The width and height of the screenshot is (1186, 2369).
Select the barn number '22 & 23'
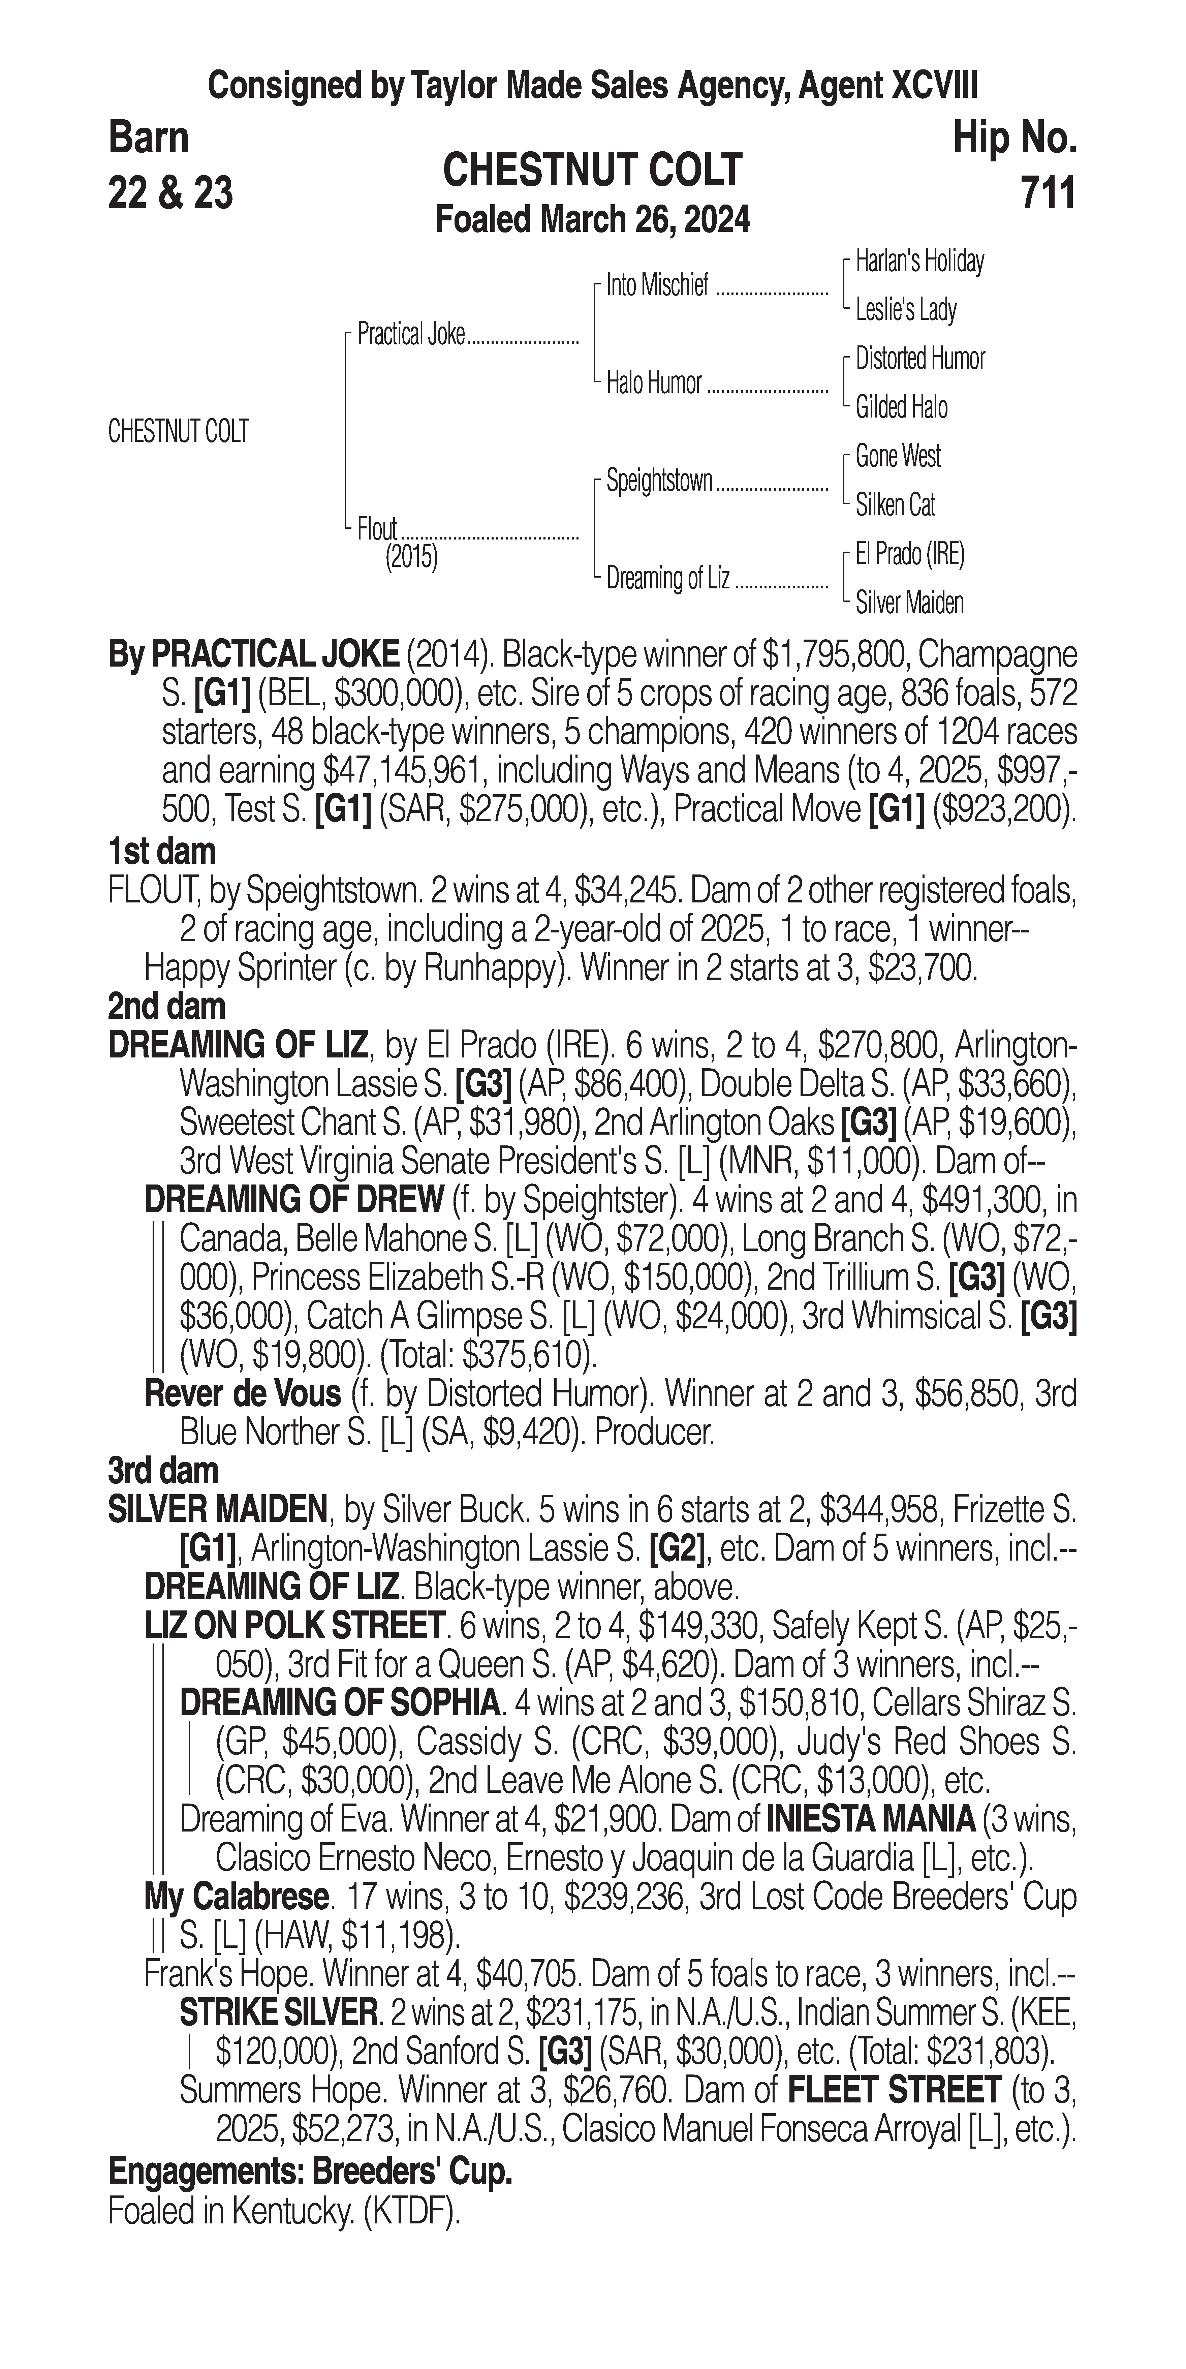pos(170,194)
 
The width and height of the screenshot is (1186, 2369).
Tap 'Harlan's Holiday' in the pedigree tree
pos(919,261)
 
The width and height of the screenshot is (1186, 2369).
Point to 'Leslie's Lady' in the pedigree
pos(906,310)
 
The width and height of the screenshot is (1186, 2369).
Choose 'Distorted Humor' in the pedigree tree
pos(919,359)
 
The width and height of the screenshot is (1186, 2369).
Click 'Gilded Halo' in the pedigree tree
pos(901,407)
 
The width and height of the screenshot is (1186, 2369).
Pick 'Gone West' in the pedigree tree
pos(897,456)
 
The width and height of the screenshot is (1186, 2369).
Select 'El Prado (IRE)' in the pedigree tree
pos(909,554)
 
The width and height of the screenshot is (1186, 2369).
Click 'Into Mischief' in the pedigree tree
pos(657,286)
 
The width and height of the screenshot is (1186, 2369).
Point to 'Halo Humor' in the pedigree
pos(654,382)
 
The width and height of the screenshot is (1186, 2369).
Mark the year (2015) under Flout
pos(411,557)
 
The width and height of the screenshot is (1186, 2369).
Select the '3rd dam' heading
pos(163,1471)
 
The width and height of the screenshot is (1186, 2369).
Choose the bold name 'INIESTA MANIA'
pos(870,1819)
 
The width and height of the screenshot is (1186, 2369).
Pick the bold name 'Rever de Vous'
pos(243,1394)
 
